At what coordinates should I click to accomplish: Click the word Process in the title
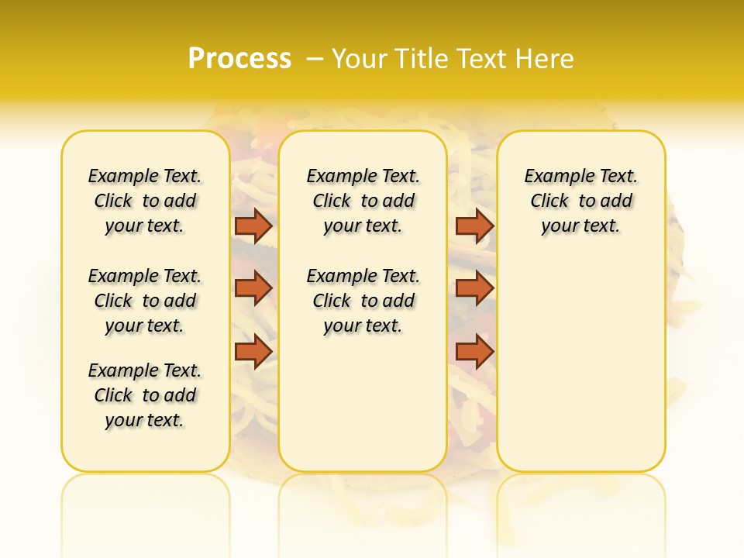tap(239, 59)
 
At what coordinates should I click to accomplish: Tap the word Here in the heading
tap(545, 59)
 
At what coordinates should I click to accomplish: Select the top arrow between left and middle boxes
tap(253, 226)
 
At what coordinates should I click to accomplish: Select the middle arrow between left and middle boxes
tap(253, 288)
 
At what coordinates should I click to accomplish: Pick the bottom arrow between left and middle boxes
tap(253, 352)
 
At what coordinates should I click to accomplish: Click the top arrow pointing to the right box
tap(474, 226)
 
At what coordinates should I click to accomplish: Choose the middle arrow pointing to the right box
tap(474, 288)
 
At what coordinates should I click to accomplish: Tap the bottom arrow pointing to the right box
tap(474, 352)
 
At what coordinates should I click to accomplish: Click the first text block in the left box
tap(145, 201)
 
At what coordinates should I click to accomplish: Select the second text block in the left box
tap(145, 301)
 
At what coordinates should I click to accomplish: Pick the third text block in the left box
tap(145, 395)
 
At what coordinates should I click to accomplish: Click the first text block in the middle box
tap(363, 201)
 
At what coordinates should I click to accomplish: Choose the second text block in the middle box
tap(363, 301)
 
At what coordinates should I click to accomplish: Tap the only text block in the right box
tap(580, 201)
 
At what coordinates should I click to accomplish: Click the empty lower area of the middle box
tap(363, 403)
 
